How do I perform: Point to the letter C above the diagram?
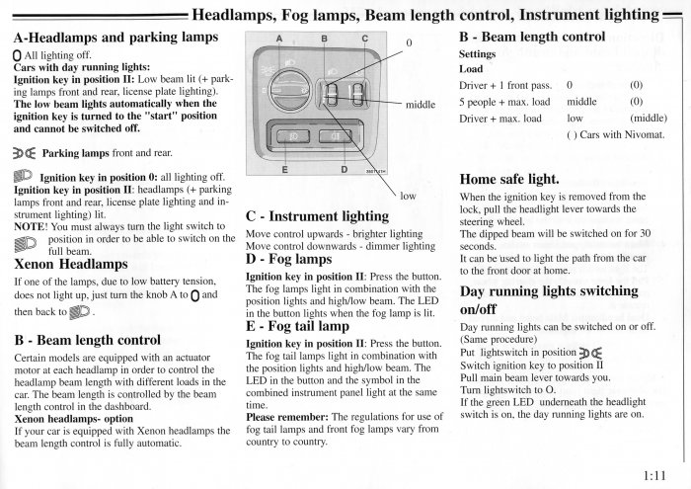coord(364,39)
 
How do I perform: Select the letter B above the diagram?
coord(324,39)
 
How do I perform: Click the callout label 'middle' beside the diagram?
coord(421,105)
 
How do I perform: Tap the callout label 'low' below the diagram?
coord(409,197)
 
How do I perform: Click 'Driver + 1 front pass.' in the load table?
coord(503,85)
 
